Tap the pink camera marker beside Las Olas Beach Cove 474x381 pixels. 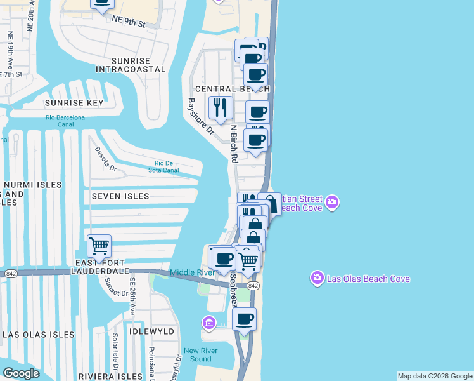(x=317, y=278)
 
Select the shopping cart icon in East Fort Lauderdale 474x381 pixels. (x=99, y=246)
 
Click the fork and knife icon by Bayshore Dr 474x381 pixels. (x=221, y=107)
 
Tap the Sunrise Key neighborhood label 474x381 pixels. (x=74, y=102)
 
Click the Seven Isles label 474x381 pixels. (x=120, y=197)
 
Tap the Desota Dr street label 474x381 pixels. (x=105, y=159)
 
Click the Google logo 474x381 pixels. (x=22, y=373)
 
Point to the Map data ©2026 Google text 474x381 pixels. (x=435, y=376)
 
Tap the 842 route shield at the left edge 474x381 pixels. (x=10, y=273)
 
